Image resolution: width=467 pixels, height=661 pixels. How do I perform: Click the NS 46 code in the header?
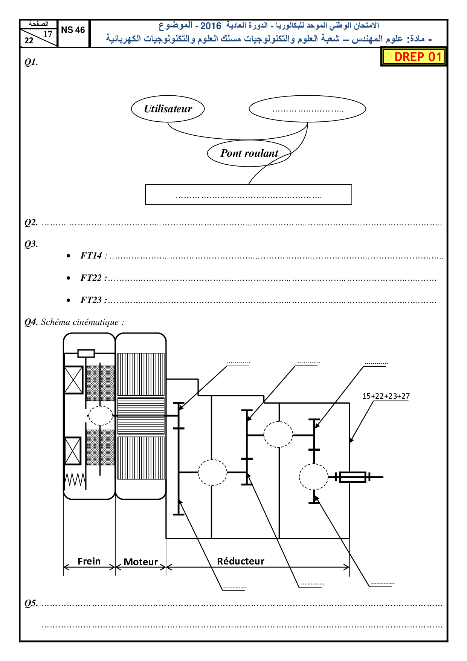click(73, 30)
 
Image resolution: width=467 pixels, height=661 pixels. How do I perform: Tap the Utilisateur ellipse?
click(168, 109)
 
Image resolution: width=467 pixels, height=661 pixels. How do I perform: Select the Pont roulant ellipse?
click(249, 153)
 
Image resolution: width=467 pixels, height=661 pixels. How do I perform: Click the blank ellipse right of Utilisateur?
click(307, 109)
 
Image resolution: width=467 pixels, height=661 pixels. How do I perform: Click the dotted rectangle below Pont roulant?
click(249, 194)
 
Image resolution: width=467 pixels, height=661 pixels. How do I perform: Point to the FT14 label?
click(91, 256)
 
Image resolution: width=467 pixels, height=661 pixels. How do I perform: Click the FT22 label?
click(91, 278)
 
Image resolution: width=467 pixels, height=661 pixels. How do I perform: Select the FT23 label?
click(91, 300)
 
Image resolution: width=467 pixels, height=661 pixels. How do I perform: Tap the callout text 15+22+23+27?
click(386, 396)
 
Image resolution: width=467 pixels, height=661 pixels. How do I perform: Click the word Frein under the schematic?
click(89, 561)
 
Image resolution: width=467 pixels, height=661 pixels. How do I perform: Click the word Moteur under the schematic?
click(141, 562)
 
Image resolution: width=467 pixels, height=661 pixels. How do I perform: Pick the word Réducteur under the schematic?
click(241, 561)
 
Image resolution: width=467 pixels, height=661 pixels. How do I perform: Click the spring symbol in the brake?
click(75, 480)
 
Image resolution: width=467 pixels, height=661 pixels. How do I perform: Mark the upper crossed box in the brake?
click(73, 380)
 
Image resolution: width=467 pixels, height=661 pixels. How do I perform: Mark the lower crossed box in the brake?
click(73, 451)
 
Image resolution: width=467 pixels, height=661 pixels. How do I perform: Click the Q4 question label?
click(31, 322)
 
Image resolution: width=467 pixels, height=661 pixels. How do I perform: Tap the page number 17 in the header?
click(48, 34)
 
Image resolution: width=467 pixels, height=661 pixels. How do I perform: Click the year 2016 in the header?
click(211, 26)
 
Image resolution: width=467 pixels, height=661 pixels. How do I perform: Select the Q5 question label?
click(31, 603)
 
